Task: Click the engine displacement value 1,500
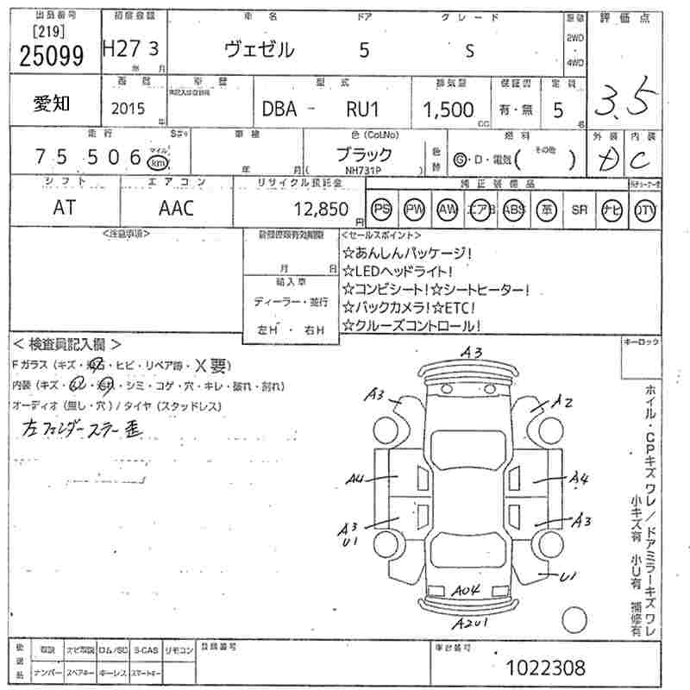pos(447,110)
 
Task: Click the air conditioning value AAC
pos(176,208)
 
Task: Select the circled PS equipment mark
pos(380,210)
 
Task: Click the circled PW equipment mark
pos(415,210)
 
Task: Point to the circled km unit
pos(157,162)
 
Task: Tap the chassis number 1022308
pos(546,667)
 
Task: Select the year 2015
pos(129,110)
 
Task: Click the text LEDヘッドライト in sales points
pos(396,271)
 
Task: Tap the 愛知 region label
pos(52,104)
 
